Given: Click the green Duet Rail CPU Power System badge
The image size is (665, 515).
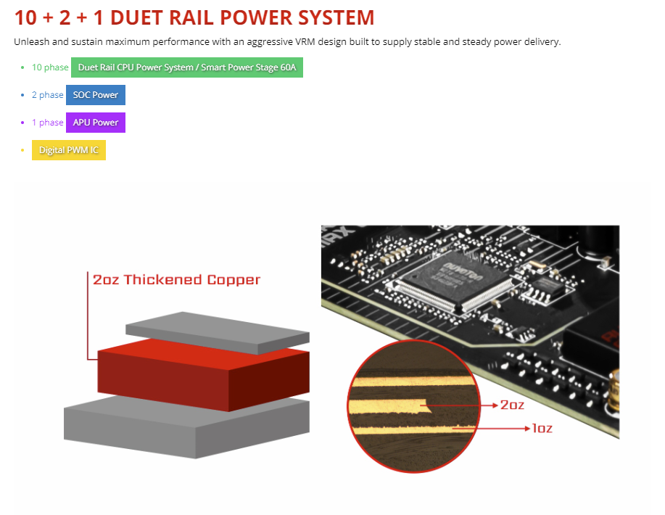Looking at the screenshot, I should click(x=186, y=67).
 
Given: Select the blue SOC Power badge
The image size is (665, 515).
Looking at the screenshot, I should click(x=96, y=95).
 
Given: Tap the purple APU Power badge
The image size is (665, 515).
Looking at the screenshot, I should click(x=96, y=123).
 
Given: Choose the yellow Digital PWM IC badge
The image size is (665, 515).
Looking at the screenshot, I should click(x=69, y=150).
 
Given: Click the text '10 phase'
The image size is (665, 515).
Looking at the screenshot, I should click(x=49, y=67).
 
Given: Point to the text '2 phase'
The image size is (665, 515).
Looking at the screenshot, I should click(x=47, y=95).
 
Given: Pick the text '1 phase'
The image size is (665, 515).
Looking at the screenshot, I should click(x=47, y=123).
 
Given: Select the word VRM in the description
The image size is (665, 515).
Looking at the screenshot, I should click(x=306, y=42).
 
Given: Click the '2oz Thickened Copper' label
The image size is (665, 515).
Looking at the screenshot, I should click(x=176, y=279).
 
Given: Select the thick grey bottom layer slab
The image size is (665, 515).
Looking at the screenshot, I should click(x=181, y=428).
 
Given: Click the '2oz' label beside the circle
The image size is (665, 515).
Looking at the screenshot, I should click(x=512, y=405).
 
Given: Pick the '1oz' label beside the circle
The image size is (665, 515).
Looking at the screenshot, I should click(x=542, y=429).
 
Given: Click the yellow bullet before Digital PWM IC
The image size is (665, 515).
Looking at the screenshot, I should click(x=22, y=150).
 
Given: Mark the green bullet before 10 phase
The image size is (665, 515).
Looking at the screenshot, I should click(x=22, y=67).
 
